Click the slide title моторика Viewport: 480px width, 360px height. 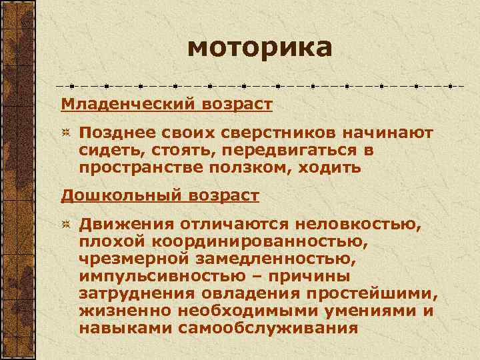coord(259,48)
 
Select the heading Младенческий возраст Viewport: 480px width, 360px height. coord(167,105)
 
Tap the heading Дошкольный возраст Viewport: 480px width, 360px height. coord(160,196)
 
